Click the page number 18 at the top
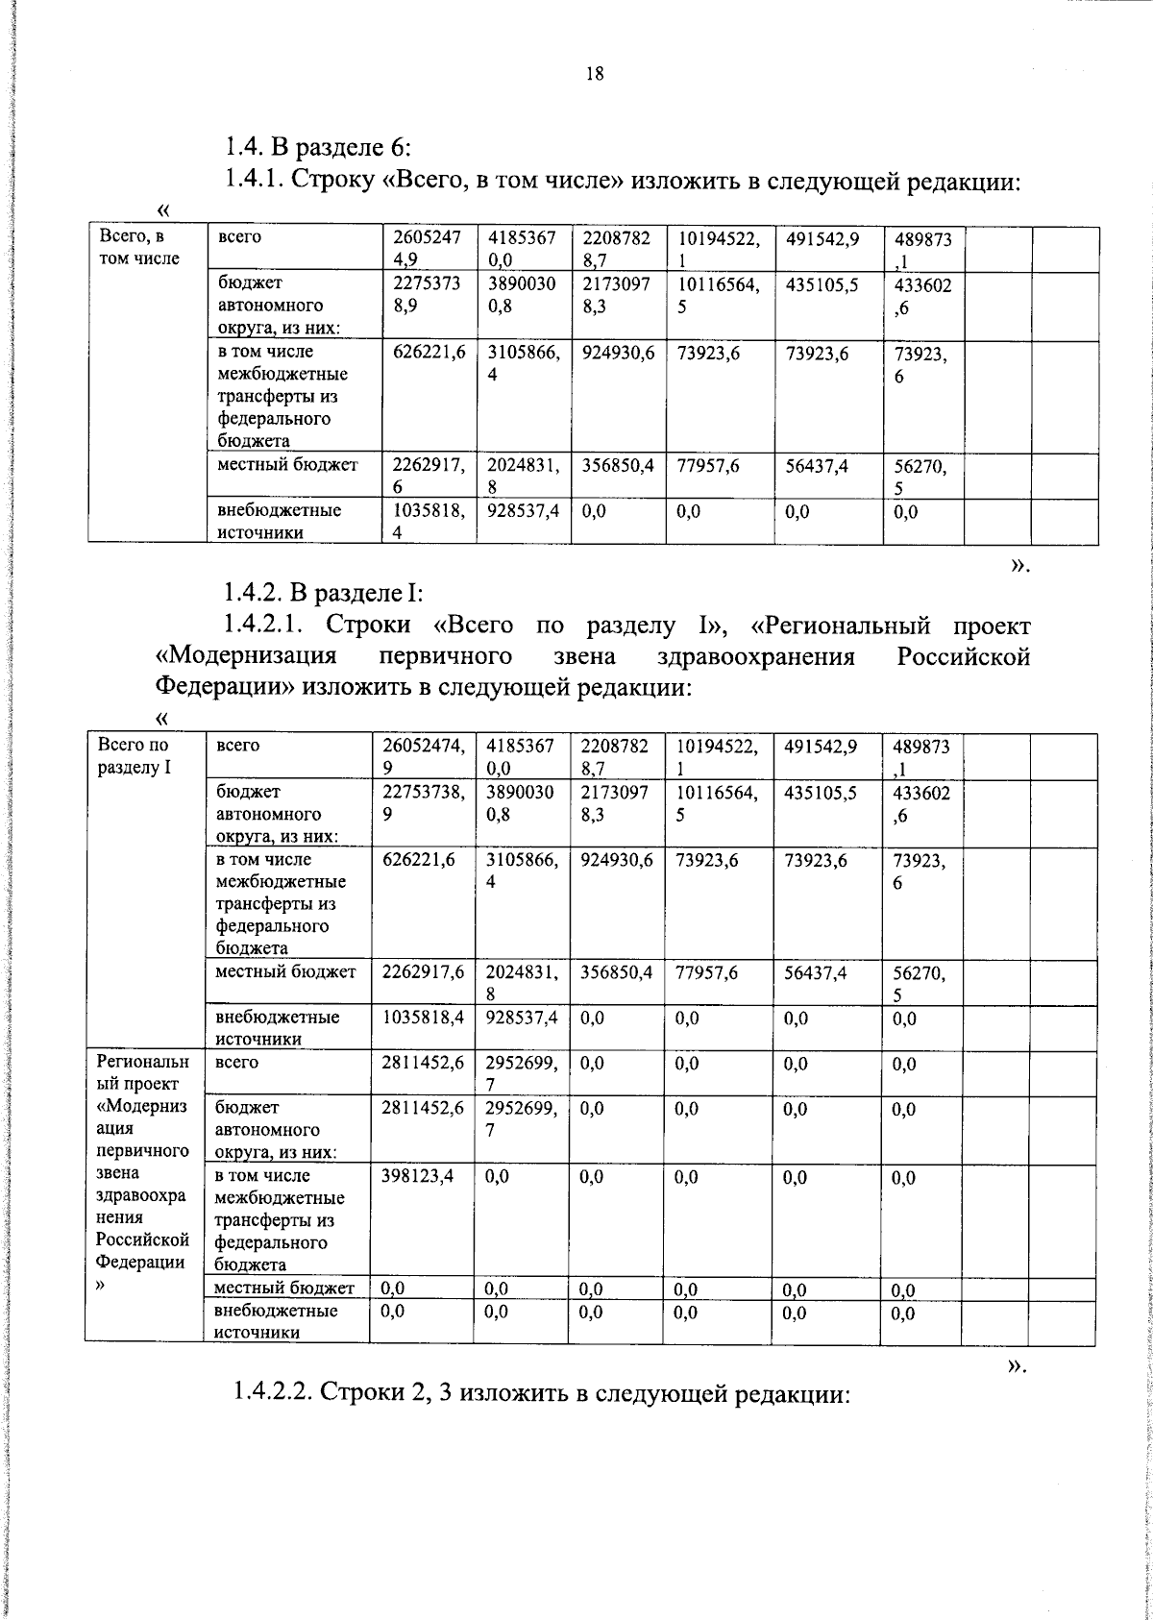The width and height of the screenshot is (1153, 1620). click(x=594, y=74)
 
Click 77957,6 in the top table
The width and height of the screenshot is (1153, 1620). click(x=708, y=466)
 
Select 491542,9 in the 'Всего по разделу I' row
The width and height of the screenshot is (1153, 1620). click(x=822, y=746)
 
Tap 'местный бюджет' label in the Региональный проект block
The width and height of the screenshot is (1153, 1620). click(x=284, y=1289)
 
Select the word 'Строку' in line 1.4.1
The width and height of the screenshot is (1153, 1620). click(x=334, y=180)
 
